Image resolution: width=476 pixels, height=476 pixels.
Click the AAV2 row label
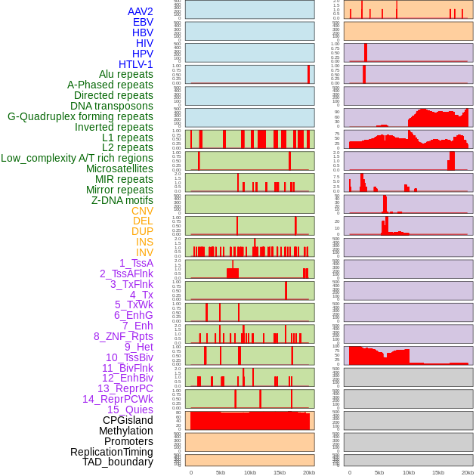pos(140,11)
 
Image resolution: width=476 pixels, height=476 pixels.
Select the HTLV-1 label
pos(135,64)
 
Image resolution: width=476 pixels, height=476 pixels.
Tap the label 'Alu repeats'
pos(125,74)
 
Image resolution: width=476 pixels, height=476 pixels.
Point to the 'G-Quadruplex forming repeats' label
pos(80,116)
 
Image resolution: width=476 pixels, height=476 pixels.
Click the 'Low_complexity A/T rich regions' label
pos(77,158)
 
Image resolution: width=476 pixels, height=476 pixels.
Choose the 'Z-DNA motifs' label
pos(122,200)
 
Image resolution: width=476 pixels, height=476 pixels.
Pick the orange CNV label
pos(142,211)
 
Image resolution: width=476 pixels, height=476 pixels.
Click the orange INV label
pos(144,252)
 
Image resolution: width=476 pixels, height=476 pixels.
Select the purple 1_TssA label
pos(136,263)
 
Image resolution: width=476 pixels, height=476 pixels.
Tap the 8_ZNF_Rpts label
pos(123,336)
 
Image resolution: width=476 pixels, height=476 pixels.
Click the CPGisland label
pos(128,420)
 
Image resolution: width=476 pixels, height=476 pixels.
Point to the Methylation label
pos(126,431)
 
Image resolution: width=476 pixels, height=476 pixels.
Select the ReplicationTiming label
pos(111,452)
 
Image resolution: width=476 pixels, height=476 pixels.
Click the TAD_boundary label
pos(118,462)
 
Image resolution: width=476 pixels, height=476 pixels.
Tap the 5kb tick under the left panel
pos(221,472)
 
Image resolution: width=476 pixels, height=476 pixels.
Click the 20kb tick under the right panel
pos(468,472)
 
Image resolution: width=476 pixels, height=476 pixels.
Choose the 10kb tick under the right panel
pos(409,472)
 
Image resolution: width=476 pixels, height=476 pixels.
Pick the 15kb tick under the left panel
pos(280,472)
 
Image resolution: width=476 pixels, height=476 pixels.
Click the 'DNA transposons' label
pos(112,106)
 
